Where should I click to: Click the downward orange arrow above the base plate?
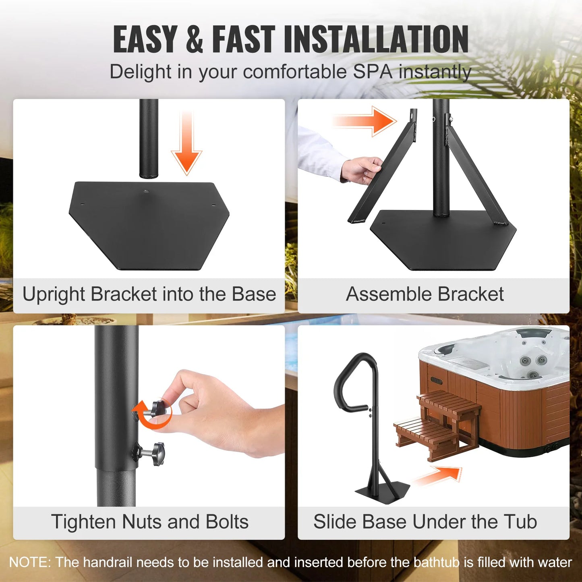coord(186,145)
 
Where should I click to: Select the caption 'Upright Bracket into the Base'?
coord(149,294)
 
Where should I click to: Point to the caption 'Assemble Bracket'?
coord(425,294)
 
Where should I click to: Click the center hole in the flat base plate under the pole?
coord(146,191)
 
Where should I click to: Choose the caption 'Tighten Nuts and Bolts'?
coord(149,522)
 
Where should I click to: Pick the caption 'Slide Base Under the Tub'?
coord(425,522)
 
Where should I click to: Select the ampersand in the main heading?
coord(195,39)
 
